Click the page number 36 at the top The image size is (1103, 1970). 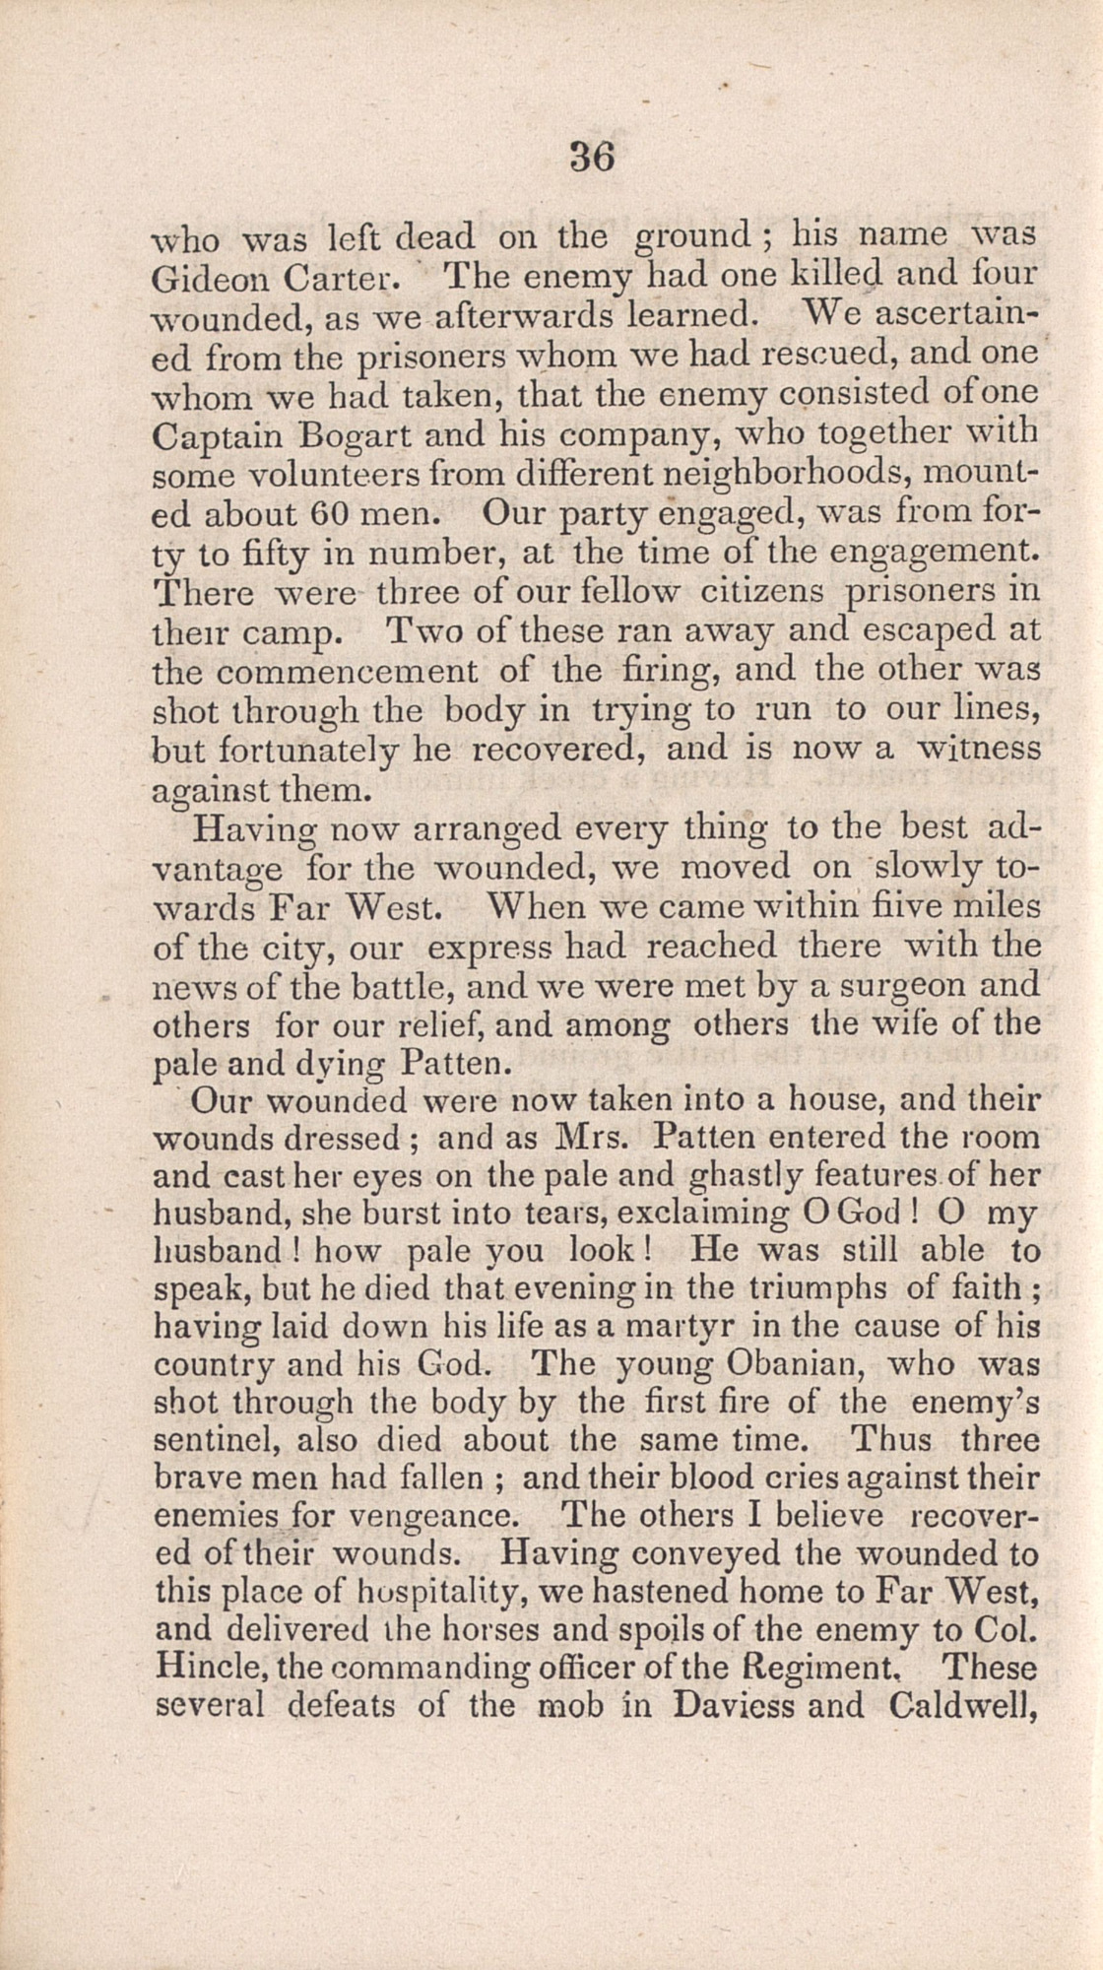(x=592, y=158)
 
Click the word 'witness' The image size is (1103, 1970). (x=973, y=749)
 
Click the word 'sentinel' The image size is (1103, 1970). (x=215, y=1440)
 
